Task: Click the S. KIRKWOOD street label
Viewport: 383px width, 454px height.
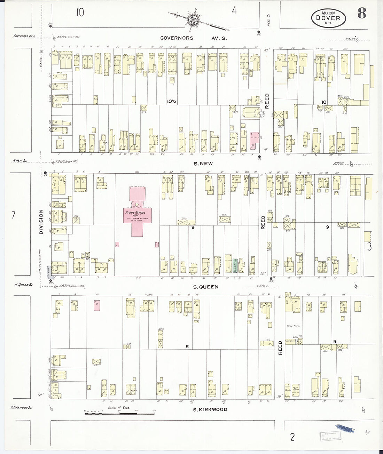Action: point(210,409)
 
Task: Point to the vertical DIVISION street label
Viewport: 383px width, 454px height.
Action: point(41,221)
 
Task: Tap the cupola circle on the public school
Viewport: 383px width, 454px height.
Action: point(137,204)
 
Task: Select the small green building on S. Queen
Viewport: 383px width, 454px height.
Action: point(235,265)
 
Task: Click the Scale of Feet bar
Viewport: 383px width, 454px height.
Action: point(120,414)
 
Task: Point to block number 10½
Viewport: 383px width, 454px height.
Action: point(171,101)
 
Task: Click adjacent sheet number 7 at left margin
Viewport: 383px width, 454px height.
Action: point(13,216)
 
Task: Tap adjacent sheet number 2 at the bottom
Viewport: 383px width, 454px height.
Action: point(292,437)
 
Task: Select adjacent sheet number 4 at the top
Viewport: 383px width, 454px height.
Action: point(234,11)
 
